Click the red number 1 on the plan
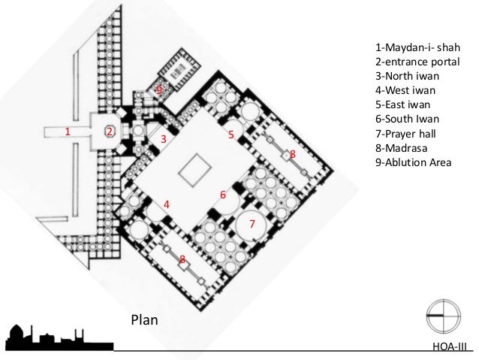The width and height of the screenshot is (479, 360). (68, 132)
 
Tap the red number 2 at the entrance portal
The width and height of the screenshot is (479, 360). (110, 132)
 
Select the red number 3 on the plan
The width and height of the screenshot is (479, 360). (164, 139)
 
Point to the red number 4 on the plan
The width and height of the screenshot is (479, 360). (167, 204)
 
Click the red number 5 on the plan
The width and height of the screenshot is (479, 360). (231, 135)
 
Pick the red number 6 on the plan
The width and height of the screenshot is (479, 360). (223, 195)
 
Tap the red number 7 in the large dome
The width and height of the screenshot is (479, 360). (252, 224)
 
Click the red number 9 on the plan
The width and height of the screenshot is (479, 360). (159, 90)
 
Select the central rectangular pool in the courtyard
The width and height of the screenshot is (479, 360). (195, 169)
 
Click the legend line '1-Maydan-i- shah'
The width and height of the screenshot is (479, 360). (417, 47)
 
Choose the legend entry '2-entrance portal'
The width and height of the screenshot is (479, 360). (417, 62)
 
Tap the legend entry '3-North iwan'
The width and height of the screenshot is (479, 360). (407, 76)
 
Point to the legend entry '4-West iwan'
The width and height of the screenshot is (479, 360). (405, 90)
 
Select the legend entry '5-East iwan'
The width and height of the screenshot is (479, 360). (403, 105)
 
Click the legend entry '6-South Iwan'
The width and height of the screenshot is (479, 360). (407, 119)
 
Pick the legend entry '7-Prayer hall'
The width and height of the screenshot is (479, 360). (405, 134)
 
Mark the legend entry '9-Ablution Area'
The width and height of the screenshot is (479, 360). (414, 162)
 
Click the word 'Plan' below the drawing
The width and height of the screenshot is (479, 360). (144, 320)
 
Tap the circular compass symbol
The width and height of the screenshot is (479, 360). (444, 316)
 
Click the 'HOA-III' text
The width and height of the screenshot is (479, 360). (450, 346)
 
